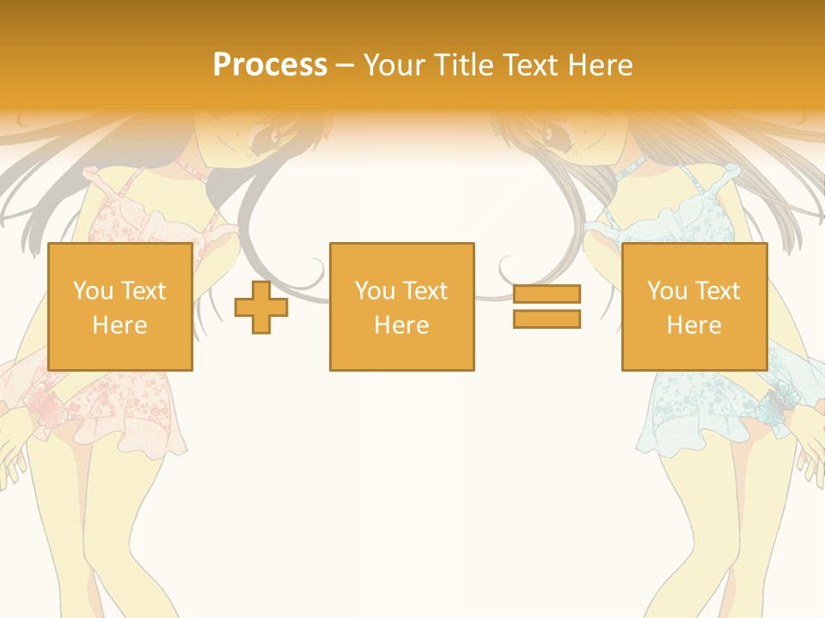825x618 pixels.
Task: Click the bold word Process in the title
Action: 270,64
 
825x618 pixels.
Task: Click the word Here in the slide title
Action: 599,64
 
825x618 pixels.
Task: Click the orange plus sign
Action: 261,307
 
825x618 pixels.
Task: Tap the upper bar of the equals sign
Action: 547,294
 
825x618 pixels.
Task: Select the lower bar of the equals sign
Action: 547,319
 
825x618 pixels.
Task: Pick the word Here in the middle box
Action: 402,325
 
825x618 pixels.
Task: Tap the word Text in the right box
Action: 718,291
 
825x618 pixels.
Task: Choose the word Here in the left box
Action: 119,325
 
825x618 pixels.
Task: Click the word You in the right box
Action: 667,291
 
